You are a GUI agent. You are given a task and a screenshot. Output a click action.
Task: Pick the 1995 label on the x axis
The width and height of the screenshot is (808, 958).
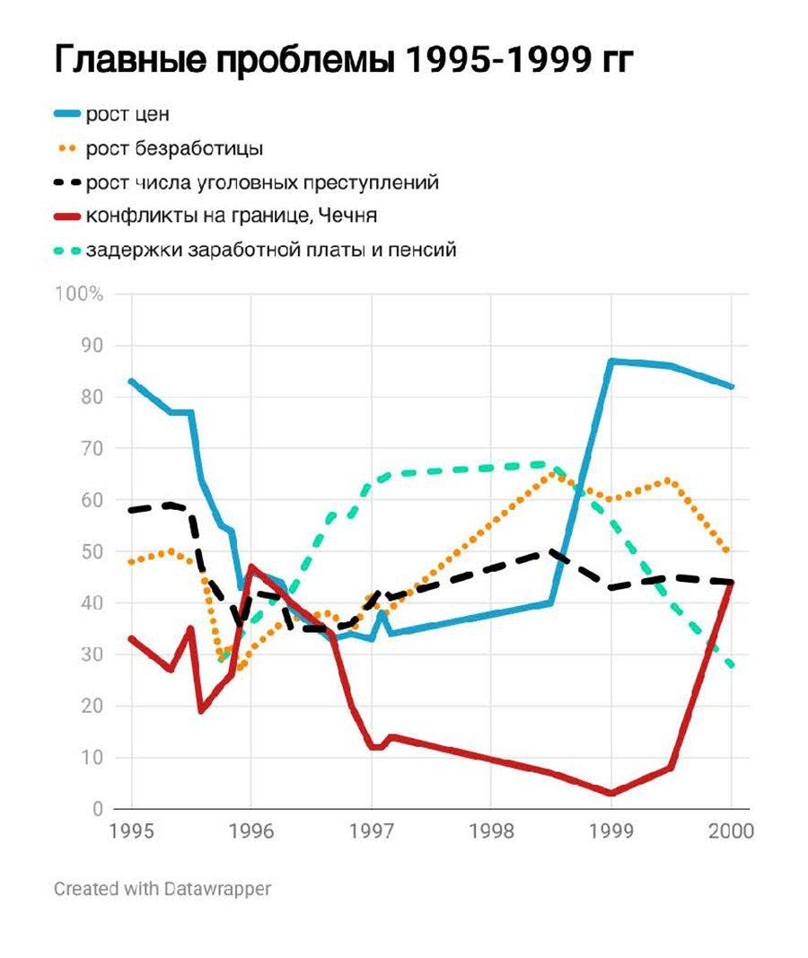click(x=132, y=831)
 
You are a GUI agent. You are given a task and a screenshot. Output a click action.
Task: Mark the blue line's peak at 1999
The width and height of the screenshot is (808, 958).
click(x=611, y=361)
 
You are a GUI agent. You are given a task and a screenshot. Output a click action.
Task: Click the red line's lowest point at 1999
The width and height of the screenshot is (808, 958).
click(x=611, y=793)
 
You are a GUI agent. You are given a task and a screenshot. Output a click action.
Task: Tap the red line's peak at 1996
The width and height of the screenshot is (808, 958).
click(x=251, y=567)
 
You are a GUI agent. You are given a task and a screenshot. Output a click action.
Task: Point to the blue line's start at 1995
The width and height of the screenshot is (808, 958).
click(x=132, y=381)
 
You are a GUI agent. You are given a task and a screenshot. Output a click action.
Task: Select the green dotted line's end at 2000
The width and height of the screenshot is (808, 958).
click(x=732, y=665)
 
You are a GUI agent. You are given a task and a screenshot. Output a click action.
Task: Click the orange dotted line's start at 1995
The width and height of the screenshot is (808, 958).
click(x=132, y=562)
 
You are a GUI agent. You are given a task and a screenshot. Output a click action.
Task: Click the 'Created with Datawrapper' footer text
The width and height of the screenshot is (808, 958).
click(x=162, y=889)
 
